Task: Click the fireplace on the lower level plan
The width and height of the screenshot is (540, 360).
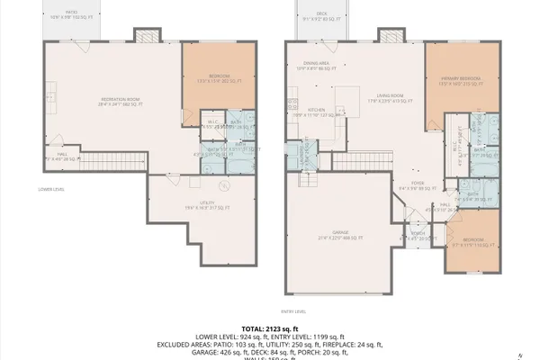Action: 146,34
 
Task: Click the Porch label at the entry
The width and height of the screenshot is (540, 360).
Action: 418,237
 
